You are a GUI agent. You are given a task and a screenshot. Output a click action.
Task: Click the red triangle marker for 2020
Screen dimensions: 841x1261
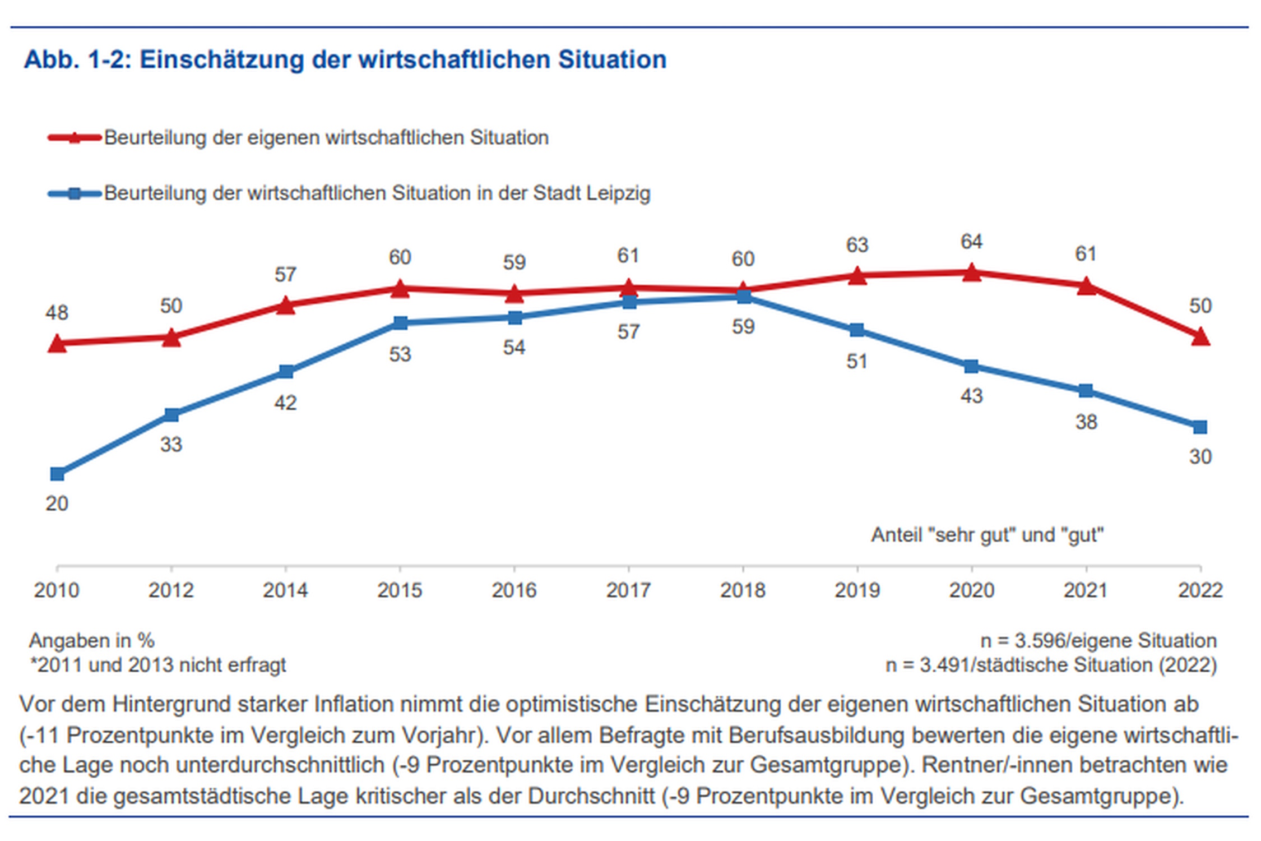tap(971, 273)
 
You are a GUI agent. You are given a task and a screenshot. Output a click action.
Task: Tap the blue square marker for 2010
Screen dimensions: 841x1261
tap(57, 474)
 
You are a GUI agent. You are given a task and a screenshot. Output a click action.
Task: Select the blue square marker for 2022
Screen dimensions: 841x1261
tap(1200, 427)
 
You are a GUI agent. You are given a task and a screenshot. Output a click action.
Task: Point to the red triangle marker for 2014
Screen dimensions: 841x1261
tap(285, 306)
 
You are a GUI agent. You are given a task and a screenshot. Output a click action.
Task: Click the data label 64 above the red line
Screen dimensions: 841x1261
tap(971, 242)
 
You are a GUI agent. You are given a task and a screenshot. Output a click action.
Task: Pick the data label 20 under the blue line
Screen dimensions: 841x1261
tap(57, 503)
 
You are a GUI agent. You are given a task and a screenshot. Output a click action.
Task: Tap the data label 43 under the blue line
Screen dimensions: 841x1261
tap(971, 396)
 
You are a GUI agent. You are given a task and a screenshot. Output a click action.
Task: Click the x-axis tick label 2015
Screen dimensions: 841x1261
tap(400, 590)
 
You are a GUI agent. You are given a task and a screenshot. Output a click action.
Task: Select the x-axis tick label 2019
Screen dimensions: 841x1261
tap(857, 590)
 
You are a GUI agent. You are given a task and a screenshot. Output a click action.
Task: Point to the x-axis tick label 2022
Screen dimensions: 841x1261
tap(1200, 590)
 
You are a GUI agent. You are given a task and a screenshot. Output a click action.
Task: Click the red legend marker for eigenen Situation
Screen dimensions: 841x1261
tap(75, 137)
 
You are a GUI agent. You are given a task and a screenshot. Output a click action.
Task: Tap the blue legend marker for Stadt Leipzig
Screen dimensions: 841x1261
tap(75, 193)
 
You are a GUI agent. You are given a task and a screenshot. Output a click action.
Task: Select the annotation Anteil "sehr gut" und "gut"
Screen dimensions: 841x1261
tap(987, 535)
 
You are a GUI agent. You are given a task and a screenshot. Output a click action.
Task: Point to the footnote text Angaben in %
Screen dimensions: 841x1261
tap(92, 640)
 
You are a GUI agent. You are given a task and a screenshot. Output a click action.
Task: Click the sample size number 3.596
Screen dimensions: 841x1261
tap(1040, 640)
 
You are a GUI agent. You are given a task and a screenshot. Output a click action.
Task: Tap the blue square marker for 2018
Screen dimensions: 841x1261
tap(743, 297)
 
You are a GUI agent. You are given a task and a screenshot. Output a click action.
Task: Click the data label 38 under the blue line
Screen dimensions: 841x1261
tap(1086, 422)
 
